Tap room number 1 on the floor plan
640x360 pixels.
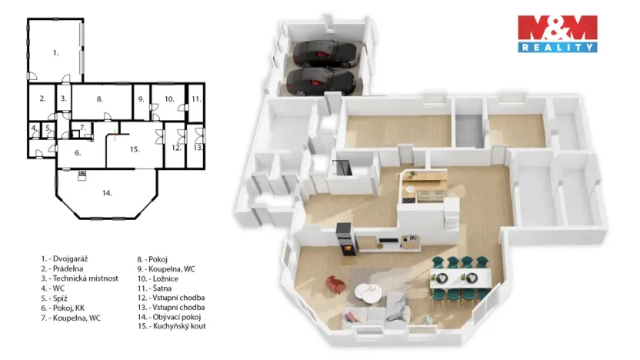click(x=55, y=52)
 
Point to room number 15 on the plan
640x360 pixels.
click(x=134, y=148)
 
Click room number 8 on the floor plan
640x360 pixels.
click(x=99, y=98)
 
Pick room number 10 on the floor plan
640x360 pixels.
click(x=168, y=98)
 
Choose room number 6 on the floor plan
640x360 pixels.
click(x=78, y=152)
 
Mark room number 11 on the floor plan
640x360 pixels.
click(x=196, y=98)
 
